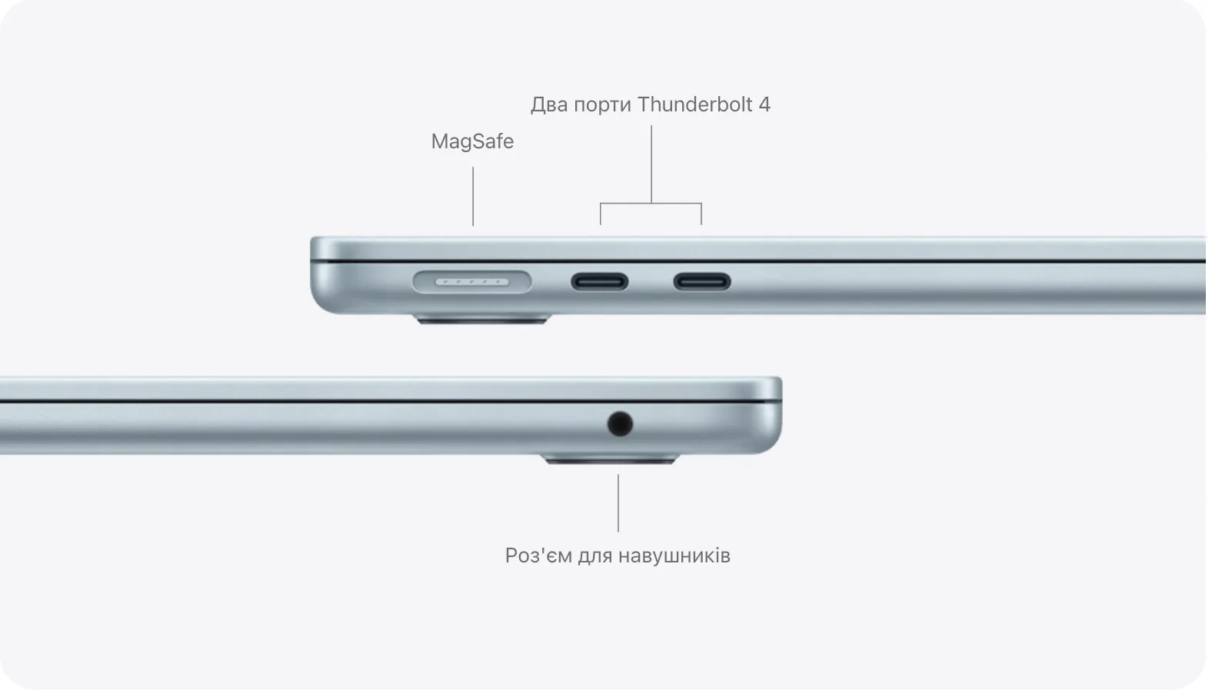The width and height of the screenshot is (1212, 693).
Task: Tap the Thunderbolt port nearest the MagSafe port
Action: pos(599,282)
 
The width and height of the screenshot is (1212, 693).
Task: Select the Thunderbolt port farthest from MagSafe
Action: pos(702,282)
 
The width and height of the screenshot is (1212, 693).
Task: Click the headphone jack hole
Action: pos(620,423)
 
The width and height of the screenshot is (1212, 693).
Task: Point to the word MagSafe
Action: pos(472,142)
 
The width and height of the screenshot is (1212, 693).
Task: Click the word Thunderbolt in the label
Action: pos(694,104)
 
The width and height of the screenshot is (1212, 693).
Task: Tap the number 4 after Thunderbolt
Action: pos(764,104)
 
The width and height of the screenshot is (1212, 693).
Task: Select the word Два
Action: pos(548,104)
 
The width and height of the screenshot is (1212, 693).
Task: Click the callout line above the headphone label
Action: pos(618,503)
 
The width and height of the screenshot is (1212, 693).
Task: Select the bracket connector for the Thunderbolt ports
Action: pos(651,203)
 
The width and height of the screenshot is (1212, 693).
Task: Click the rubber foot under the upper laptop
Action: pos(483,319)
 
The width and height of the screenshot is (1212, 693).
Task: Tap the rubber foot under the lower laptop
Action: pos(611,459)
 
